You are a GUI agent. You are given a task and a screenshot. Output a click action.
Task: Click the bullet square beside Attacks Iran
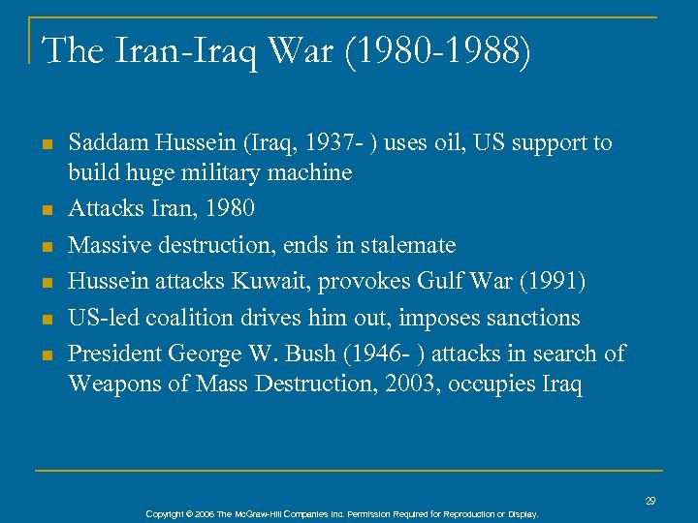46,208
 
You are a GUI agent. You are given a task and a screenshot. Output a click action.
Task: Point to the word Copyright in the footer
165,513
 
